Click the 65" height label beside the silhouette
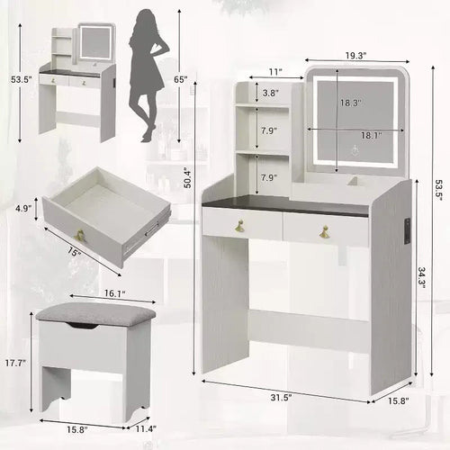tap(181, 79)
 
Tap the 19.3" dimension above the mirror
tap(355, 56)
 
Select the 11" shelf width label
tap(275, 72)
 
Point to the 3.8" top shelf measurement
tap(270, 93)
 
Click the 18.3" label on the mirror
tap(350, 103)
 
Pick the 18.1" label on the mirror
tap(371, 135)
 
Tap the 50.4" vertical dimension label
tap(187, 177)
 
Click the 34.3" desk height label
tap(421, 278)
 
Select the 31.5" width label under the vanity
tap(282, 398)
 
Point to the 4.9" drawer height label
tap(23, 208)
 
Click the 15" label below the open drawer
tap(74, 251)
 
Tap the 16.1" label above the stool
tap(114, 293)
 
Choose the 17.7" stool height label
tap(15, 363)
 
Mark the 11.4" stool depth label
tap(146, 428)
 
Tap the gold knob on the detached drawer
tap(80, 235)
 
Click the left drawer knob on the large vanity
tap(240, 226)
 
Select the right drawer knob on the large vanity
tap(324, 232)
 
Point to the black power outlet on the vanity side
tap(407, 230)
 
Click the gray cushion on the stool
tap(96, 314)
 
